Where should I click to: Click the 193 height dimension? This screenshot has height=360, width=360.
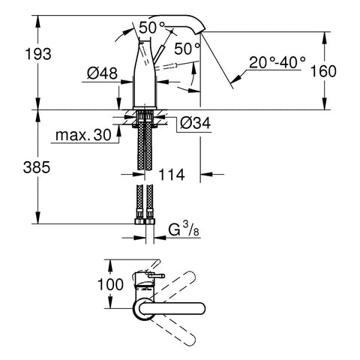38,54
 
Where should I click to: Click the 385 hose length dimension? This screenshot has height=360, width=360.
37,167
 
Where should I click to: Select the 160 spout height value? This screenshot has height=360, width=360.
323,71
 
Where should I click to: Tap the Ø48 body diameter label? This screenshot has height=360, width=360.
102,73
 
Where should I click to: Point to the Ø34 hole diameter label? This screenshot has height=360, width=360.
196,123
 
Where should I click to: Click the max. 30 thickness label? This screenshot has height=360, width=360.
83,135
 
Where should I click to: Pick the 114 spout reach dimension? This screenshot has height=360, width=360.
172,175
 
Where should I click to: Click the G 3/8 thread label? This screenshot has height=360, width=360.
184,230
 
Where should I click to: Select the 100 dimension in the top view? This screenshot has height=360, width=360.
110,284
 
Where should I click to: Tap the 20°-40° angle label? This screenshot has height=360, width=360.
277,62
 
